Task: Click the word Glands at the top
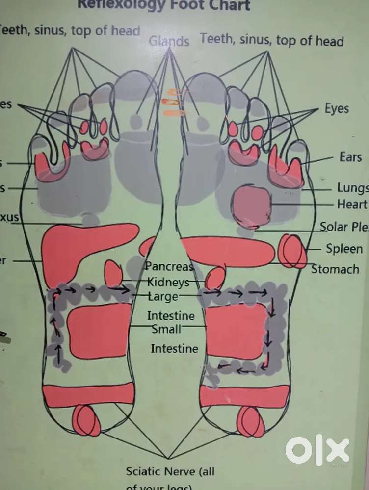click(169, 41)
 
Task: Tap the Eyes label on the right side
click(337, 108)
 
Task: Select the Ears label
click(350, 157)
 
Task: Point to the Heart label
click(352, 204)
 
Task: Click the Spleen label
click(344, 249)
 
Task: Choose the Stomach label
click(335, 269)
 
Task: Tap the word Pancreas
click(170, 267)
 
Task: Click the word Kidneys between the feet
click(168, 283)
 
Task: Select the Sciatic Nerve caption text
click(170, 472)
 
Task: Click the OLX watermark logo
click(317, 450)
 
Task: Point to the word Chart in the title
click(228, 5)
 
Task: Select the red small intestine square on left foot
click(99, 330)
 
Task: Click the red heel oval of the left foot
click(87, 420)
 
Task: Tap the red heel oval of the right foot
click(250, 421)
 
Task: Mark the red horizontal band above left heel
click(88, 395)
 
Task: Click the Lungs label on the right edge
click(352, 188)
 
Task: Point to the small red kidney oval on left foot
click(114, 273)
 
